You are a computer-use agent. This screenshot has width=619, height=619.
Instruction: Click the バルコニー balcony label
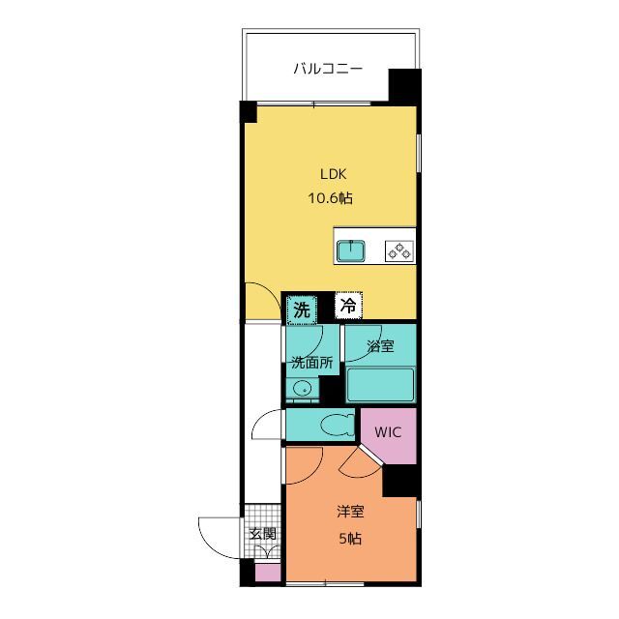coord(328,69)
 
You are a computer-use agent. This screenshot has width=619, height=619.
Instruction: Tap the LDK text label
coord(333,174)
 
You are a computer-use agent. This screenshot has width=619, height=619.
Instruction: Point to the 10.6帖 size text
coord(330,197)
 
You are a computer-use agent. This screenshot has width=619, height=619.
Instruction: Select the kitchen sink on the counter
coord(350,251)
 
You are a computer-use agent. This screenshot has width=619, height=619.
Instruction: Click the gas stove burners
coord(399,251)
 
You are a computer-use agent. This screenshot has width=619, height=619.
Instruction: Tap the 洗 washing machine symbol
coord(302,310)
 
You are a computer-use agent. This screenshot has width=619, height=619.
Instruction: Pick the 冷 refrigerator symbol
coord(348,306)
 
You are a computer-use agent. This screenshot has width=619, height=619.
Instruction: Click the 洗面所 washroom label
coord(311,363)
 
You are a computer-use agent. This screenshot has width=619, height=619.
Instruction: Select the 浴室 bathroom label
coord(380,346)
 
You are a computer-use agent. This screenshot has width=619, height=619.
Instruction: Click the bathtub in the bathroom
coord(380,385)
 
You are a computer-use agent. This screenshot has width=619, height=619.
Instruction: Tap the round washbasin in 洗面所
coord(304,389)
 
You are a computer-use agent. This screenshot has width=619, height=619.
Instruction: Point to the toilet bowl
coord(338,426)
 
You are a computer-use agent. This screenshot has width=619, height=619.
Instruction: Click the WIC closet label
coord(388,432)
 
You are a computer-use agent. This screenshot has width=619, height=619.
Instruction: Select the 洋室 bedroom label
coord(350,512)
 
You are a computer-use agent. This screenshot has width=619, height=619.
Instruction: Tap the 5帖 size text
coord(350,538)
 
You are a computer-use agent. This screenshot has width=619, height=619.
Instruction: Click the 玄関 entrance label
coord(262,534)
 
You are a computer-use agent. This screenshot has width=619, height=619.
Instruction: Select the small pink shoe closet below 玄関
coord(268,573)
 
